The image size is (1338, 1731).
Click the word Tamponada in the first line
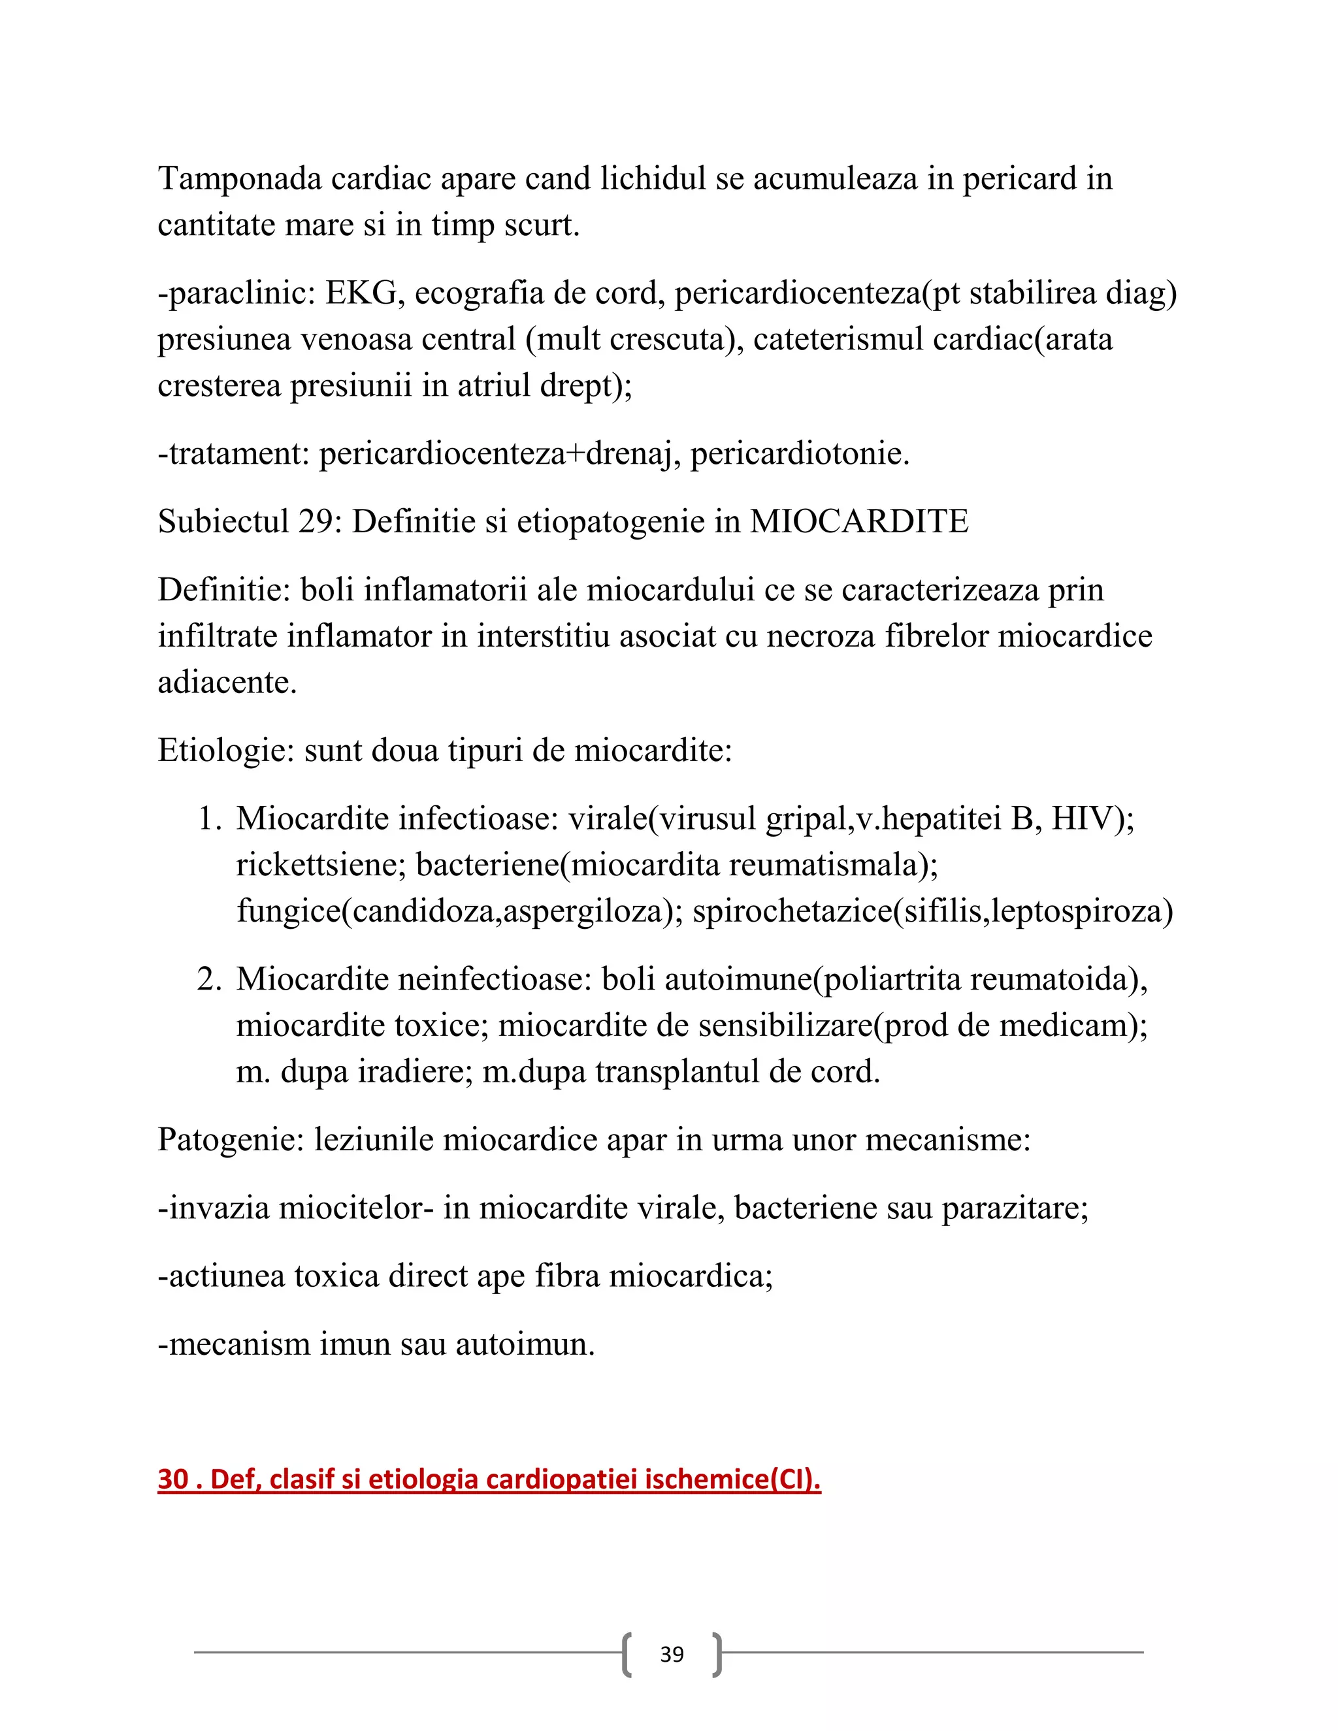pyautogui.click(x=239, y=179)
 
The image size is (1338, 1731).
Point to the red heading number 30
pyautogui.click(x=172, y=1480)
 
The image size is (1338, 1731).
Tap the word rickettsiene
pyautogui.click(x=320, y=865)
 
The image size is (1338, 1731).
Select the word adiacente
pyautogui.click(x=227, y=683)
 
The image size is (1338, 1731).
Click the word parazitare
pyautogui.click(x=1014, y=1208)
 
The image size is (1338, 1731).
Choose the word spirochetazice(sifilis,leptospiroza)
pyautogui.click(x=932, y=911)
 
